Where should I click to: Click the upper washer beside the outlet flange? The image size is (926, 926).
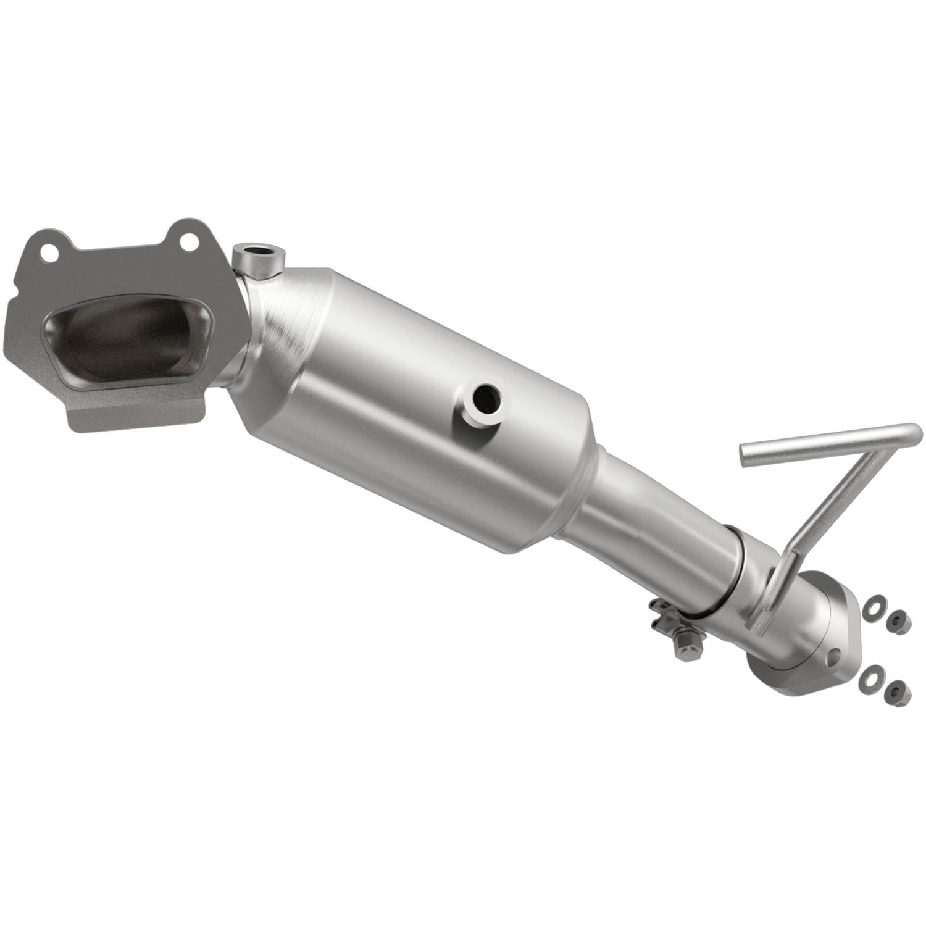click(x=873, y=607)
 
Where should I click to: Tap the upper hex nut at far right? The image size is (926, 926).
click(x=898, y=621)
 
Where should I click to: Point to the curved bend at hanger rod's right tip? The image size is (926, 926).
click(x=915, y=432)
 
